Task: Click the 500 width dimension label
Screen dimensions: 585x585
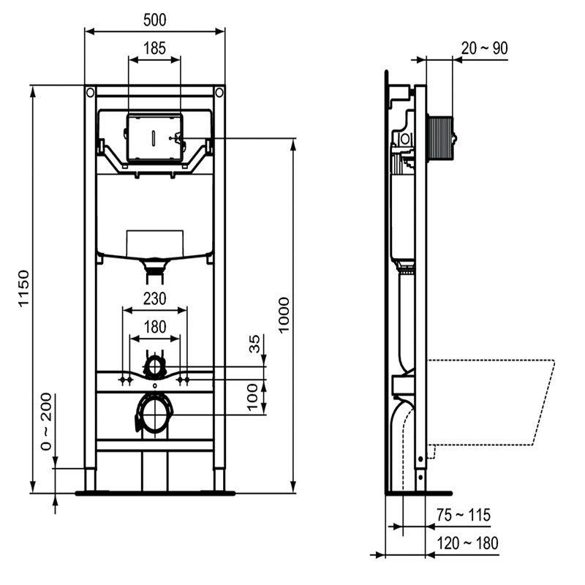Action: (154, 19)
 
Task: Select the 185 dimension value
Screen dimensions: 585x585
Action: (154, 48)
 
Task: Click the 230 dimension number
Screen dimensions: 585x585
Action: (154, 298)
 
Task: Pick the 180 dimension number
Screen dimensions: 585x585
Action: (154, 327)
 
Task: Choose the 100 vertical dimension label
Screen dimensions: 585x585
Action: (255, 397)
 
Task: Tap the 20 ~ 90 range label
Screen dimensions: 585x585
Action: (484, 48)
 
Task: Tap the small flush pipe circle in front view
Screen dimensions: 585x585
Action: (154, 366)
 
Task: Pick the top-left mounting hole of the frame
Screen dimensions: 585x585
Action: (90, 93)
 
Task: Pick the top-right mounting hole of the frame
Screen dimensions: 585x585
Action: (219, 93)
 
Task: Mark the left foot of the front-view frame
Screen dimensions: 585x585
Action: (90, 480)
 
